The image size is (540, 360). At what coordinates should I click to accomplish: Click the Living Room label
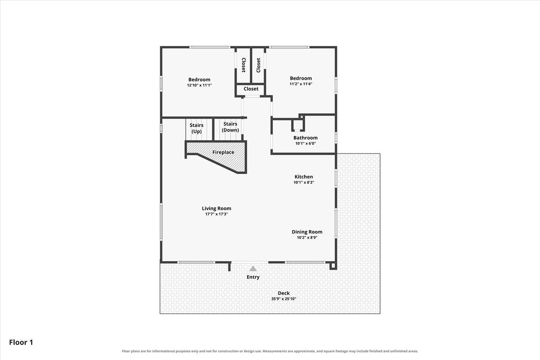216,209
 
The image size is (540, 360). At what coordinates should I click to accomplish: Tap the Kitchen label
304,177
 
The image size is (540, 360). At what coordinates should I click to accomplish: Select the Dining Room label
307,232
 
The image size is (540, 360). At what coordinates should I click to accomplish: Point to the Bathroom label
306,138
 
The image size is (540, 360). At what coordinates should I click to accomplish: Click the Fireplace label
223,152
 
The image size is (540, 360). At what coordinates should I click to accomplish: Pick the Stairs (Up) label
197,128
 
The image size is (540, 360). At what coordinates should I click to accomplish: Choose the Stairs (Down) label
231,127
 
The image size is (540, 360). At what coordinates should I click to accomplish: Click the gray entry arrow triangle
253,269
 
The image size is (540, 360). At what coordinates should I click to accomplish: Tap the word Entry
253,277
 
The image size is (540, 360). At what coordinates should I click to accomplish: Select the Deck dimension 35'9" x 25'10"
284,299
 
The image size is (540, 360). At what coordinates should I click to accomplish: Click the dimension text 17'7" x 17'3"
217,214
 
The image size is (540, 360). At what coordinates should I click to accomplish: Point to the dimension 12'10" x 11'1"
199,85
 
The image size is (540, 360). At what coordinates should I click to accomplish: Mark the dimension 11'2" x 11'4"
301,84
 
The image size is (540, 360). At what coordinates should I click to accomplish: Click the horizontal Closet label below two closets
251,89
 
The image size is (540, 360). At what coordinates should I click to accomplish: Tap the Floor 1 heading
21,343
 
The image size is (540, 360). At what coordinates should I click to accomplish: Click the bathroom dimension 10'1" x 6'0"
306,143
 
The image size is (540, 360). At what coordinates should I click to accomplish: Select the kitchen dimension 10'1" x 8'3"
304,182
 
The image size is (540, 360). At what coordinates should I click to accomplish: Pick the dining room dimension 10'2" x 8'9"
307,237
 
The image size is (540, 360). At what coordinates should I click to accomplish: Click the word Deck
284,293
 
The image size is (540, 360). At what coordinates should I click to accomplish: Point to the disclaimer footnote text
270,352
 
